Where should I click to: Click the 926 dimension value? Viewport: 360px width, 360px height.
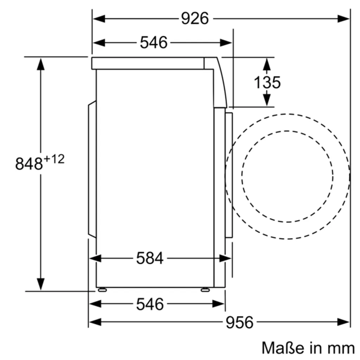click(x=195, y=18)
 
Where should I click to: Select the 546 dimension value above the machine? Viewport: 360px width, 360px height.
click(x=154, y=43)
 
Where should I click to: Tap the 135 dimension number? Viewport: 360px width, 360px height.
click(x=267, y=82)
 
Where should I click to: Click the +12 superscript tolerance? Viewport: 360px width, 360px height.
click(x=54, y=159)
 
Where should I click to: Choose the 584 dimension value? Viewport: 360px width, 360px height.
click(x=150, y=258)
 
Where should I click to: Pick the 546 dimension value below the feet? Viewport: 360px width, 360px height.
click(x=150, y=304)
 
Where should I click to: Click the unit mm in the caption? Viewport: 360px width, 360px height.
click(x=341, y=348)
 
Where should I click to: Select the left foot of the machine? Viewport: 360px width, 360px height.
click(x=102, y=290)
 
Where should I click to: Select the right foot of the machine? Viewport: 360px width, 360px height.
click(x=205, y=290)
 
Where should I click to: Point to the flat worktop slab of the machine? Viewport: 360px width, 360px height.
click(x=148, y=63)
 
